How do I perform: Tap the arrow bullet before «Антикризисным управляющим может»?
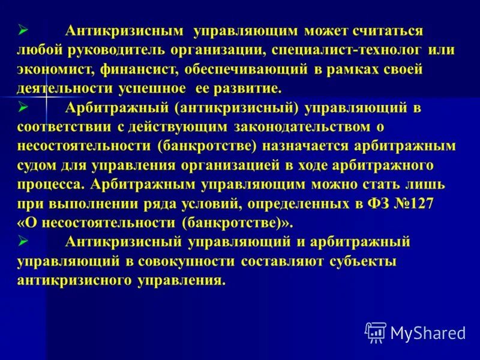(23, 31)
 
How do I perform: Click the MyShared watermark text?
(428, 332)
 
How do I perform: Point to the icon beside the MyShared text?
(375, 332)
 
